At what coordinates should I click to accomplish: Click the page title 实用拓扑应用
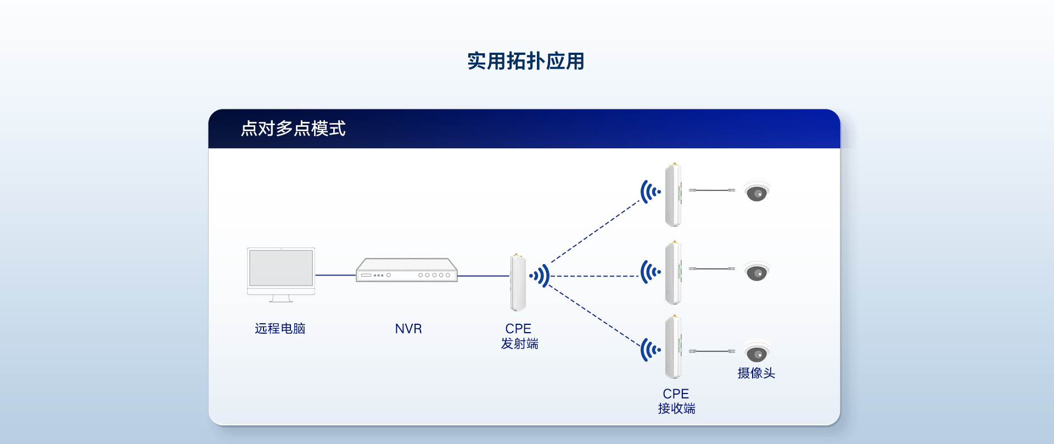coord(525,61)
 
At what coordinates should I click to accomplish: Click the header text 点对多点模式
coord(293,128)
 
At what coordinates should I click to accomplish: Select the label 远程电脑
coord(280,328)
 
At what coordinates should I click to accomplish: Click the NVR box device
coord(406,270)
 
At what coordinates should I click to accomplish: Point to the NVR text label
coord(408,329)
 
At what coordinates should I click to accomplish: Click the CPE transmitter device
coord(518,282)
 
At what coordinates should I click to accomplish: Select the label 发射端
coord(519,344)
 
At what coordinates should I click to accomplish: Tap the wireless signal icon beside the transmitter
coord(540,276)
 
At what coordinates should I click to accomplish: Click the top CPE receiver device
coord(674,195)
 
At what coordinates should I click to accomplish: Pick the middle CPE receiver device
coord(674,273)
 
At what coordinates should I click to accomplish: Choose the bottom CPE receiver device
coord(674,347)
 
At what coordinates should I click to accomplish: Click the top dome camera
coord(756,192)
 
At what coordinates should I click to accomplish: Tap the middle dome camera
coord(756,272)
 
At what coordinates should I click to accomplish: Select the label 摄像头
coord(756,373)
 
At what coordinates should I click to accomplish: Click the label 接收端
coord(676,408)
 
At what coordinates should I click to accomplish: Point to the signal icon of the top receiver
coord(651,192)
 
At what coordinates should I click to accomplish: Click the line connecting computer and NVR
coord(335,275)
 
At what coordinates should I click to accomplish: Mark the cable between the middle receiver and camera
coord(712,268)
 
